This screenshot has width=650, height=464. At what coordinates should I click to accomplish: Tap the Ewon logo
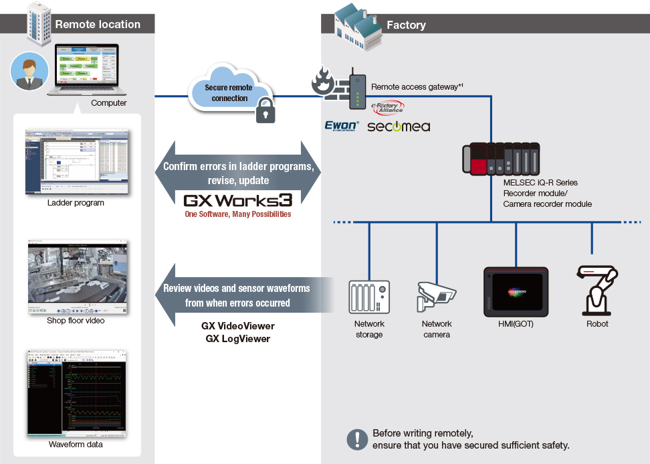point(342,125)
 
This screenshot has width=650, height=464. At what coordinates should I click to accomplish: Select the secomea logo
point(399,126)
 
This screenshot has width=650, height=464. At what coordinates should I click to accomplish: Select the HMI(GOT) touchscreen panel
point(516,292)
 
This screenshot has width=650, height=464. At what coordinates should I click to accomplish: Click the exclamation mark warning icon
point(358,439)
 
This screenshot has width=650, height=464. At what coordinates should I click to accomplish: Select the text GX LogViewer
point(237,338)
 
